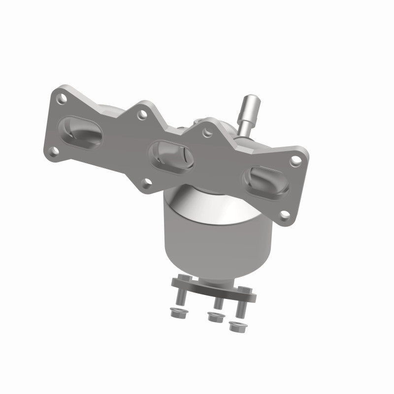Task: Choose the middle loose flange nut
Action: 214,318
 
